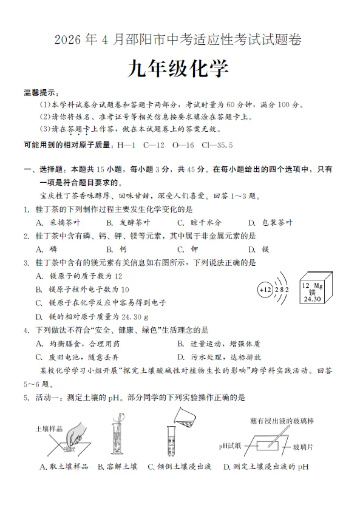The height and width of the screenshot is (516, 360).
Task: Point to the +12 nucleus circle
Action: pyautogui.click(x=266, y=290)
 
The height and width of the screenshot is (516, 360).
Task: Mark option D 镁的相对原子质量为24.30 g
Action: pyautogui.click(x=92, y=316)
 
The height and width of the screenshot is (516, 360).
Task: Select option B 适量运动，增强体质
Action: pyautogui.click(x=219, y=344)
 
